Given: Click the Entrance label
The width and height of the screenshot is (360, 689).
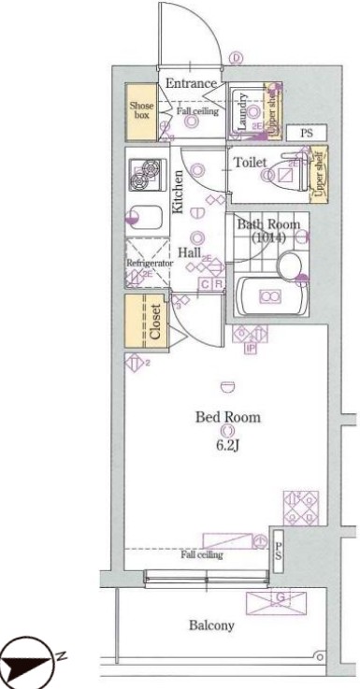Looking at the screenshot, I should pyautogui.click(x=192, y=84).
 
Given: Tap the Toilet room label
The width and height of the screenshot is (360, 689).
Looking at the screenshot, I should pyautogui.click(x=250, y=163).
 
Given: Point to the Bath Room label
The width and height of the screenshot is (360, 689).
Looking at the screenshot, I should pyautogui.click(x=267, y=224).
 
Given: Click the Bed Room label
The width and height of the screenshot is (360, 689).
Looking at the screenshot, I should pyautogui.click(x=227, y=417).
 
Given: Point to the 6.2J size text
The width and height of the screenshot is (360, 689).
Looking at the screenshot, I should pyautogui.click(x=227, y=444).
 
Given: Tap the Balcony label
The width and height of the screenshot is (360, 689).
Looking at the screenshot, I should pyautogui.click(x=213, y=625).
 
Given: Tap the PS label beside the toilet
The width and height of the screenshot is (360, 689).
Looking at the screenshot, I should pyautogui.click(x=306, y=134).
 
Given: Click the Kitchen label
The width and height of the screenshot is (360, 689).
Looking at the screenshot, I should pyautogui.click(x=177, y=192).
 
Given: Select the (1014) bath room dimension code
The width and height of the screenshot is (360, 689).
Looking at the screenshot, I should pyautogui.click(x=267, y=238).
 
